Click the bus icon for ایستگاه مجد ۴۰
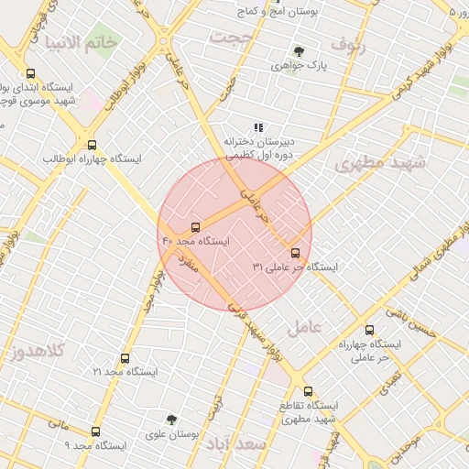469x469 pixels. pyautogui.click(x=195, y=226)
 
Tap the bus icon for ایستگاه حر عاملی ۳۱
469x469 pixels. pyautogui.click(x=295, y=252)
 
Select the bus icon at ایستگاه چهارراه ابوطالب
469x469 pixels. pyautogui.click(x=91, y=145)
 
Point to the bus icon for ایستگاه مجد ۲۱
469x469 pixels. pyautogui.click(x=125, y=358)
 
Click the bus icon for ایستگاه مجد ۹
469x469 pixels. pyautogui.click(x=95, y=431)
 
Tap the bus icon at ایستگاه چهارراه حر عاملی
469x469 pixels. pyautogui.click(x=369, y=330)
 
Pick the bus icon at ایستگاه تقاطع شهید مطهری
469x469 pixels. pyautogui.click(x=308, y=390)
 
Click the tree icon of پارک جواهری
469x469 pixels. pyautogui.click(x=299, y=51)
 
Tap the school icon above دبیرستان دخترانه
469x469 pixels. pyautogui.click(x=258, y=127)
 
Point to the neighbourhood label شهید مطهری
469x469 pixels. pyautogui.click(x=380, y=163)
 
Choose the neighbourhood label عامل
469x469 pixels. pyautogui.click(x=304, y=327)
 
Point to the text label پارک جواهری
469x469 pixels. pyautogui.click(x=304, y=67)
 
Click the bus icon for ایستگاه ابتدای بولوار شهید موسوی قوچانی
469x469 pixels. pyautogui.click(x=30, y=74)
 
